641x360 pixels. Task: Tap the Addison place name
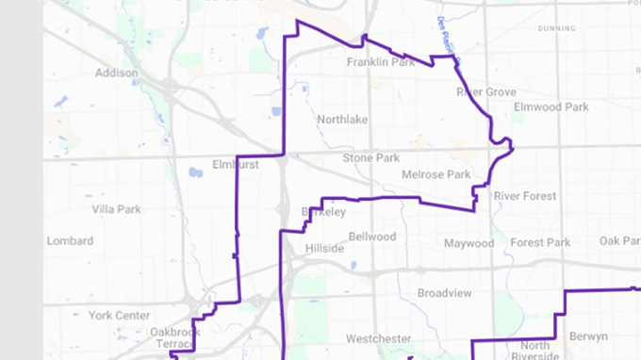(117, 73)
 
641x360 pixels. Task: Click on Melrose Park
(436, 175)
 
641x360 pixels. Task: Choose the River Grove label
(486, 92)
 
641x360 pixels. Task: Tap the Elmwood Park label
(551, 107)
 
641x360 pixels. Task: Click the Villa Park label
(116, 208)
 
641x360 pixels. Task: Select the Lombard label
(70, 241)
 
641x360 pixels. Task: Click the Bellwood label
(372, 237)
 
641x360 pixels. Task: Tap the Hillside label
(325, 249)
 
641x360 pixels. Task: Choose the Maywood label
(468, 243)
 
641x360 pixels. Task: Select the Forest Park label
(541, 242)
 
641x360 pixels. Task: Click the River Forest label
(525, 196)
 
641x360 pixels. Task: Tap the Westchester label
(379, 338)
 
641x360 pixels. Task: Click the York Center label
(120, 315)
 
